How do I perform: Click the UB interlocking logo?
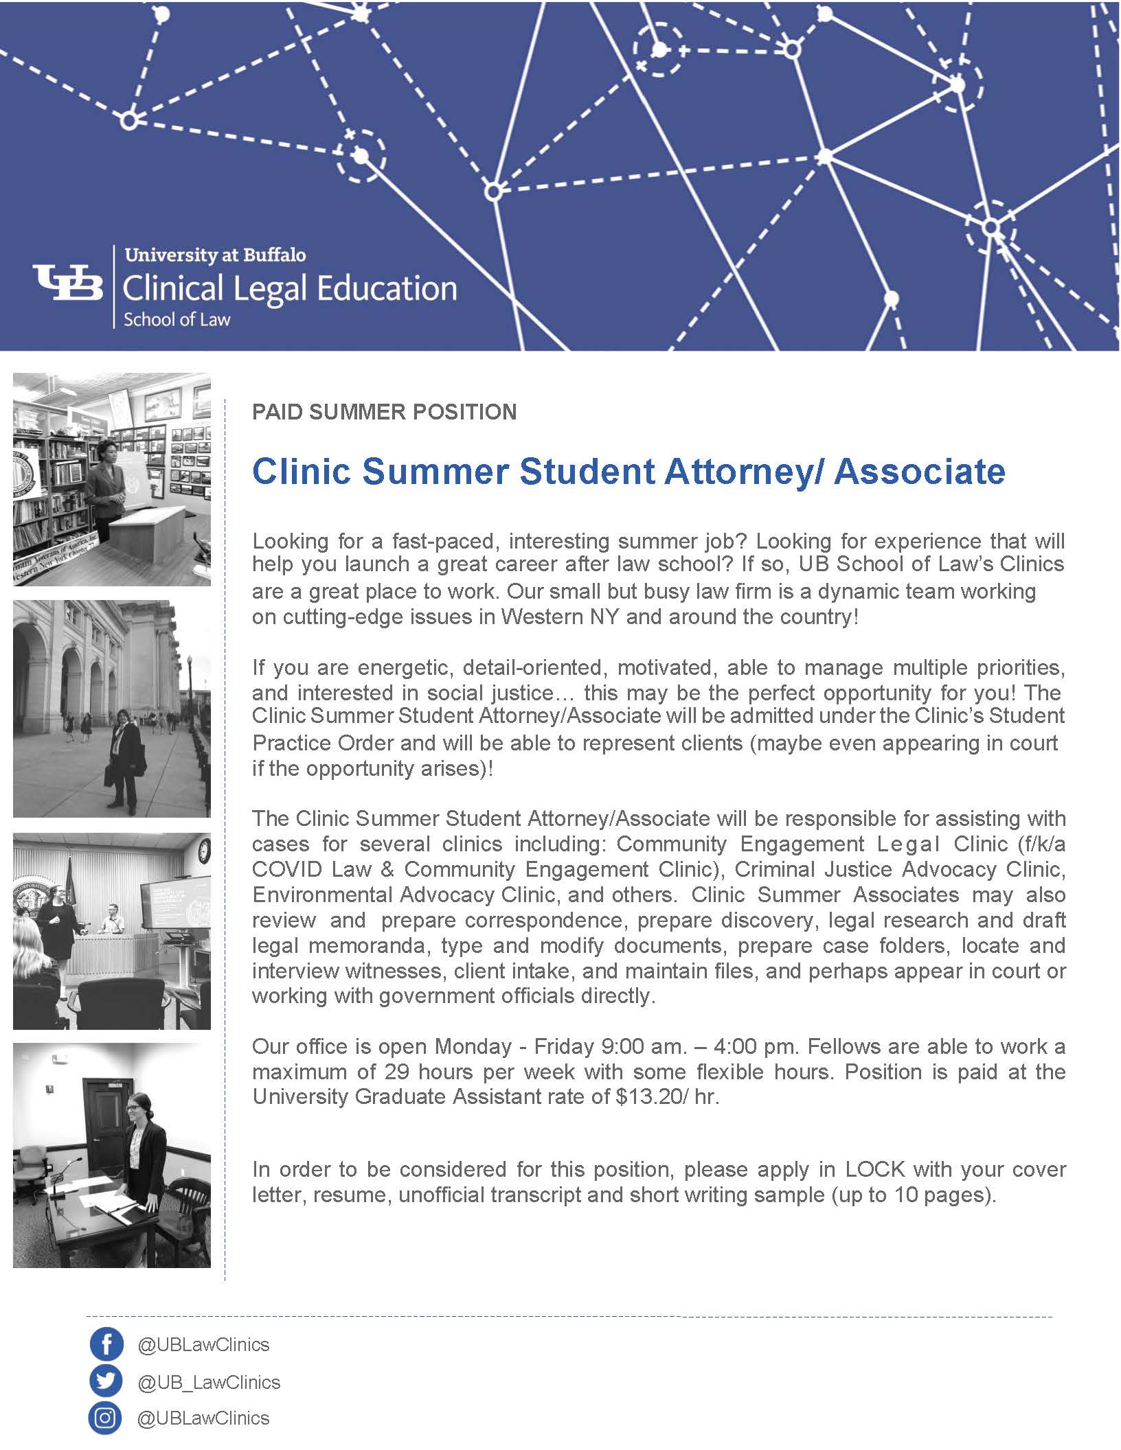pyautogui.click(x=68, y=283)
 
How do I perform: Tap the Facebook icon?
pyautogui.click(x=106, y=1344)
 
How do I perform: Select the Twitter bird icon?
pyautogui.click(x=106, y=1381)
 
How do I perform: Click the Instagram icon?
pyautogui.click(x=106, y=1418)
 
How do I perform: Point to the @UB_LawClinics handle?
pyautogui.click(x=209, y=1382)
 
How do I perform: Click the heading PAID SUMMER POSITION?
pyautogui.click(x=384, y=412)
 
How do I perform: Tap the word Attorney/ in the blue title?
pyautogui.click(x=756, y=472)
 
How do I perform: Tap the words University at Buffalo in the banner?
pyautogui.click(x=215, y=255)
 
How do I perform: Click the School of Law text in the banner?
pyautogui.click(x=177, y=319)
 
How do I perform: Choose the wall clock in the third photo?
pyautogui.click(x=204, y=851)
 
